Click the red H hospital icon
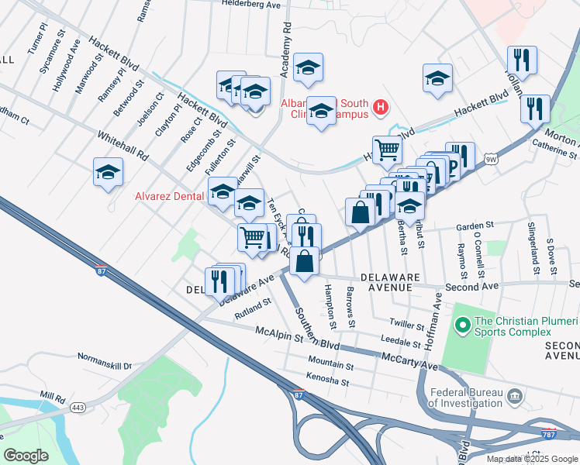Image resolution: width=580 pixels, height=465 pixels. pyautogui.click(x=380, y=107)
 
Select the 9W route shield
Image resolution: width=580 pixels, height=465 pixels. pyautogui.click(x=489, y=160)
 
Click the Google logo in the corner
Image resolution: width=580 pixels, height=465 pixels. pyautogui.click(x=26, y=455)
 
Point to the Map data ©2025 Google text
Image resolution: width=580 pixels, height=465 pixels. pyautogui.click(x=531, y=459)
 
